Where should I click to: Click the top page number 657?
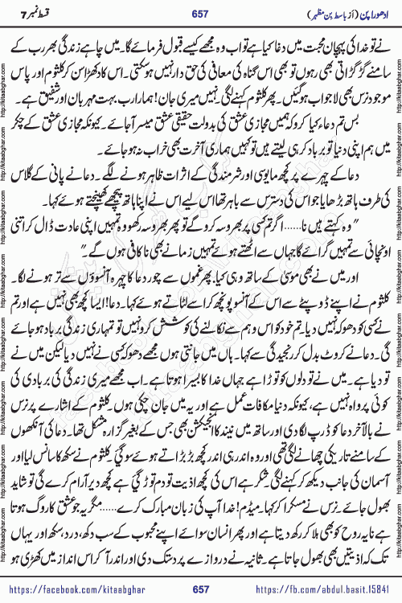tap(201, 14)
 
